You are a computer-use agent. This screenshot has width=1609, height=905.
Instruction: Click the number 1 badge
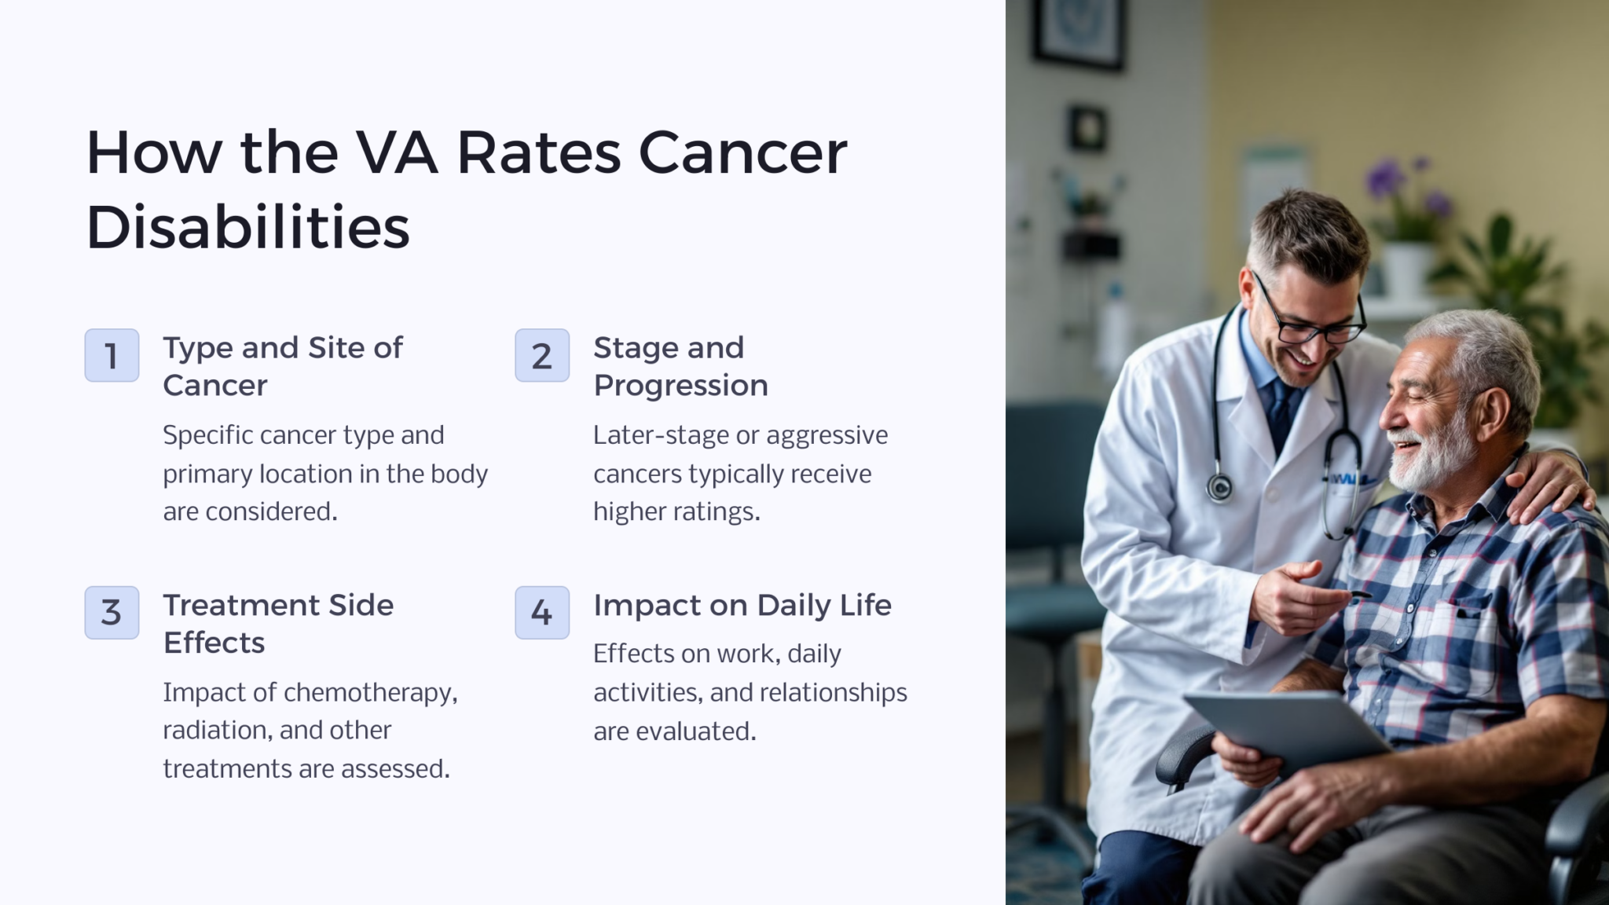tap(112, 355)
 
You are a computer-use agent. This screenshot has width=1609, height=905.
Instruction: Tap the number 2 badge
tap(542, 355)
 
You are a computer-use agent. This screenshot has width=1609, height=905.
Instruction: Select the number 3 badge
tap(112, 612)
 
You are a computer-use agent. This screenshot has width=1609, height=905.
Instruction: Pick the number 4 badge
tap(542, 612)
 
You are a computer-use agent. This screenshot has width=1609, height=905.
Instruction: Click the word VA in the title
tap(396, 152)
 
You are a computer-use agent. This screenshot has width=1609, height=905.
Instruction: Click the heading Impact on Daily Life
tap(742, 605)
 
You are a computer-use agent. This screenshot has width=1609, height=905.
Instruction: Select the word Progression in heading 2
tap(680, 386)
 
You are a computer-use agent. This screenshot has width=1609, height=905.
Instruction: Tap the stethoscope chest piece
tap(1219, 488)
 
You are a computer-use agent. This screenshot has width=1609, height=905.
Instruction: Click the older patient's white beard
tap(1430, 460)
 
